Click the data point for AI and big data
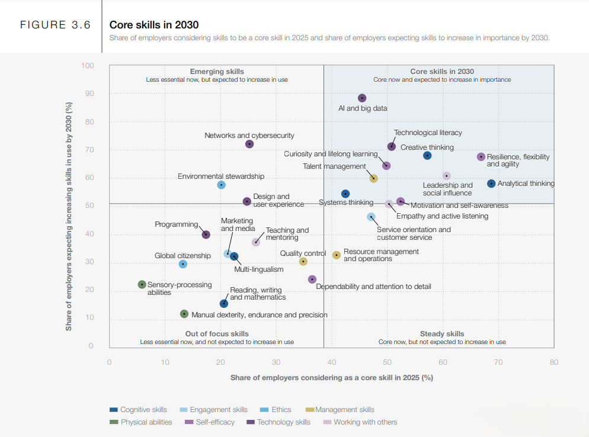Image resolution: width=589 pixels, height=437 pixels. pyautogui.click(x=362, y=98)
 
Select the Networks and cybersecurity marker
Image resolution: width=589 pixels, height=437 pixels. pyautogui.click(x=249, y=144)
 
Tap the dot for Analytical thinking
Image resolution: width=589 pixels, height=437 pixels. pyautogui.click(x=491, y=184)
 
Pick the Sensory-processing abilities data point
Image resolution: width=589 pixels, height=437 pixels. pyautogui.click(x=142, y=285)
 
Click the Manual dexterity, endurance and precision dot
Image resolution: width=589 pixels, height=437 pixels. pyautogui.click(x=184, y=314)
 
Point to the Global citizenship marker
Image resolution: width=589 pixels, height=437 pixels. pyautogui.click(x=183, y=264)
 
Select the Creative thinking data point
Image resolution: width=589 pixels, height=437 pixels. pyautogui.click(x=427, y=156)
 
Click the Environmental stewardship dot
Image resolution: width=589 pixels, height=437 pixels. pyautogui.click(x=221, y=185)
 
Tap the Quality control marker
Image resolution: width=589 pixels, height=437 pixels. pyautogui.click(x=303, y=261)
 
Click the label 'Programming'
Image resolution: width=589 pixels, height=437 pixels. pyautogui.click(x=176, y=224)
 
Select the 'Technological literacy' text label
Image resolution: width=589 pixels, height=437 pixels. pyautogui.click(x=428, y=133)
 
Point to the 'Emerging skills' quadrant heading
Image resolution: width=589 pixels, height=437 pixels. pyautogui.click(x=217, y=72)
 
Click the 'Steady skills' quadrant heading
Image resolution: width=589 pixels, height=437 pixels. pyautogui.click(x=442, y=334)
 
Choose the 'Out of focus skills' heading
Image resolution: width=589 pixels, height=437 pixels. pyautogui.click(x=217, y=334)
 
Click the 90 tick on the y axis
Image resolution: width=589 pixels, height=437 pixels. pyautogui.click(x=90, y=94)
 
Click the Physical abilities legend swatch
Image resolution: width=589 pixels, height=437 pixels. pyautogui.click(x=114, y=422)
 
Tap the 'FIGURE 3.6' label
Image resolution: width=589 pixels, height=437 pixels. pyautogui.click(x=55, y=25)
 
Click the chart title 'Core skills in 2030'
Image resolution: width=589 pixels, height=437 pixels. pyautogui.click(x=154, y=25)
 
